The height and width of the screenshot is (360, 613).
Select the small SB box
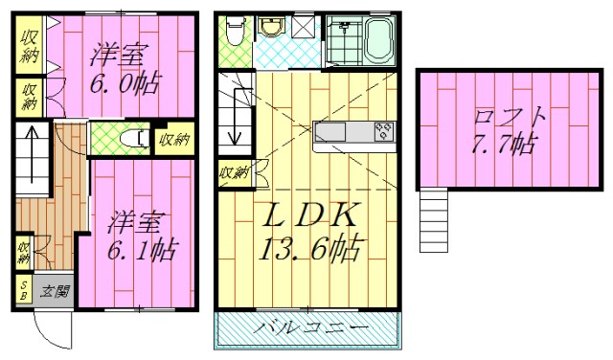(x=23, y=290)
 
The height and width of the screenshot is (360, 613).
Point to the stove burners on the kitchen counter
(x=382, y=132)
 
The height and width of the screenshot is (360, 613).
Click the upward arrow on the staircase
(x=32, y=146)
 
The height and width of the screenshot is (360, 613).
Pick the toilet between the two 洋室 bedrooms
(x=133, y=140)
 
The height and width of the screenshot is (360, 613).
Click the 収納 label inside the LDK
(x=233, y=173)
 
